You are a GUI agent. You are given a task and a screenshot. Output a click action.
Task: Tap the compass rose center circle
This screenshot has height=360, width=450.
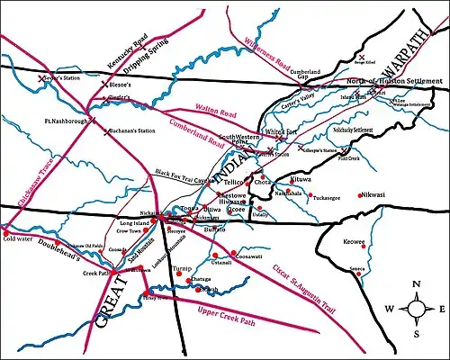tap(418, 309)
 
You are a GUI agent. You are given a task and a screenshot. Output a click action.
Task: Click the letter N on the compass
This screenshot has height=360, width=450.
tap(418, 285)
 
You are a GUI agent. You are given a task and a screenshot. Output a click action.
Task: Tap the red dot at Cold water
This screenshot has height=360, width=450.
tap(5, 231)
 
